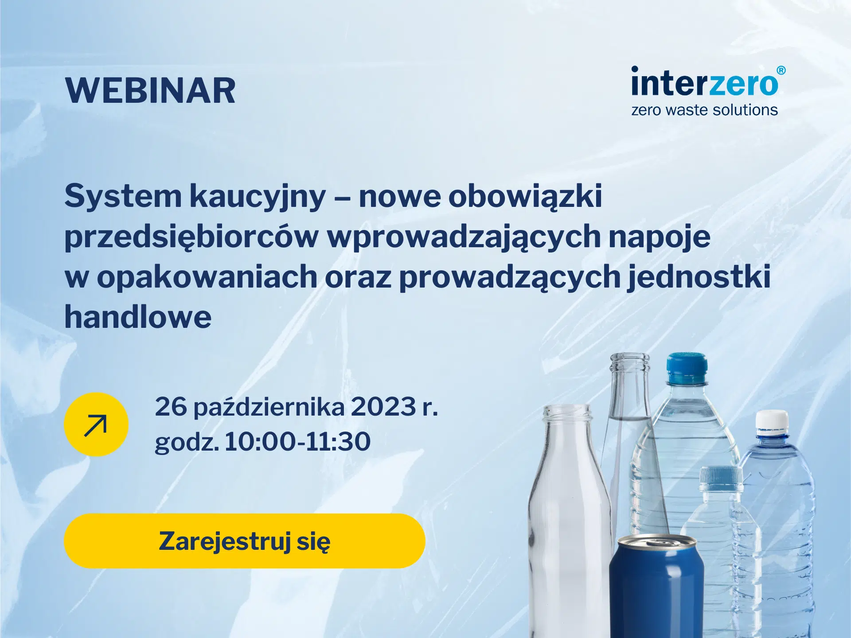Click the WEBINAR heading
click(150, 91)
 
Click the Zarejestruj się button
click(245, 541)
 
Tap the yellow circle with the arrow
click(96, 424)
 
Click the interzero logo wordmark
click(705, 82)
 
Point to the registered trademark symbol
click(781, 70)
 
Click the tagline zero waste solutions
click(704, 110)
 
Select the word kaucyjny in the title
click(258, 196)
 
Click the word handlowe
click(138, 317)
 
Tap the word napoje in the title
click(660, 237)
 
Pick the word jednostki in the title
click(699, 276)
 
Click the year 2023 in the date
click(384, 406)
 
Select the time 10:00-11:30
click(297, 441)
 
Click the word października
click(269, 407)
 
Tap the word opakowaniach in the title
click(207, 276)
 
